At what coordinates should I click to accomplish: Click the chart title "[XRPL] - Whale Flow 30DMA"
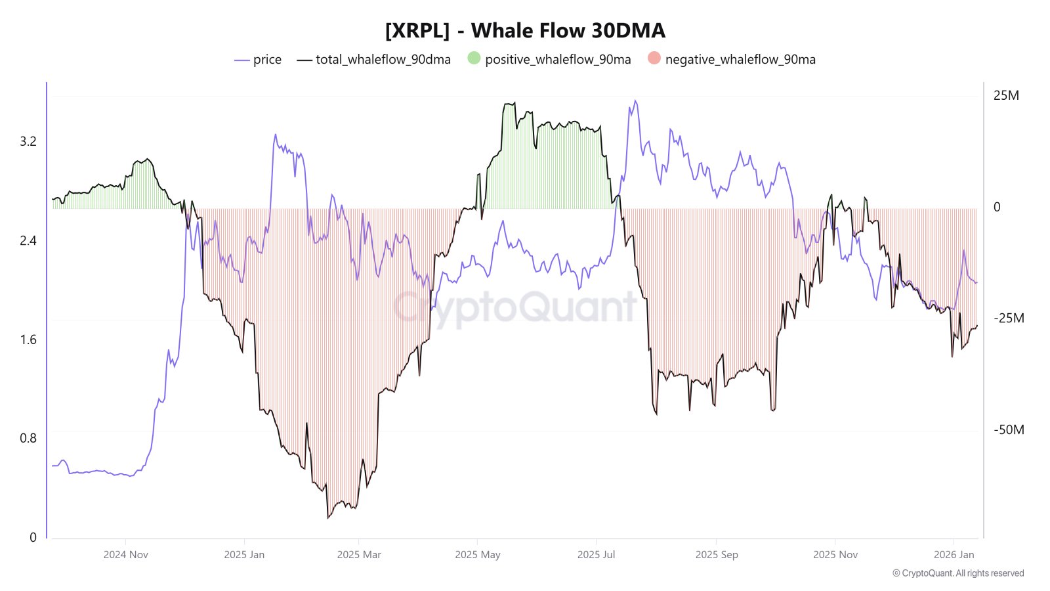[x=525, y=31]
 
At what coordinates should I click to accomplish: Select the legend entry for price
[x=258, y=60]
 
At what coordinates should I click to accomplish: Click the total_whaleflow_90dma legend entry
[x=374, y=60]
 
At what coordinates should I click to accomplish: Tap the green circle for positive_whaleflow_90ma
[x=474, y=58]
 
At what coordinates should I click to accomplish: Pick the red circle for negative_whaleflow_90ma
[x=654, y=58]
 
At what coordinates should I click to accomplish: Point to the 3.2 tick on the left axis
[x=28, y=142]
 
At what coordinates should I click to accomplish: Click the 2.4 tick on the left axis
[x=28, y=241]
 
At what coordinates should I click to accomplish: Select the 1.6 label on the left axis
[x=28, y=340]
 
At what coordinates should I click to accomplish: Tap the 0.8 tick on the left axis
[x=28, y=439]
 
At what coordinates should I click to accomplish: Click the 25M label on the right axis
[x=1006, y=96]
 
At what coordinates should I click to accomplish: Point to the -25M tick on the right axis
[x=1009, y=318]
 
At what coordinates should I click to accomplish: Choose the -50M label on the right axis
[x=1009, y=430]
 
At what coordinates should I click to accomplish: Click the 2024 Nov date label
[x=126, y=555]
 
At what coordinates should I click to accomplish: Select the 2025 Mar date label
[x=359, y=555]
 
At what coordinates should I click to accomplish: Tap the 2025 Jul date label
[x=596, y=555]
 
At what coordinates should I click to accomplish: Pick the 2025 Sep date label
[x=717, y=555]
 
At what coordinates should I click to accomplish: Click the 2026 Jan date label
[x=954, y=555]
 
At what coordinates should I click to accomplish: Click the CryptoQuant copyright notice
[x=958, y=573]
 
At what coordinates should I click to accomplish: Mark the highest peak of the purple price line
[x=635, y=100]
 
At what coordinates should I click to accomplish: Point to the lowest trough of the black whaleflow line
[x=327, y=518]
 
